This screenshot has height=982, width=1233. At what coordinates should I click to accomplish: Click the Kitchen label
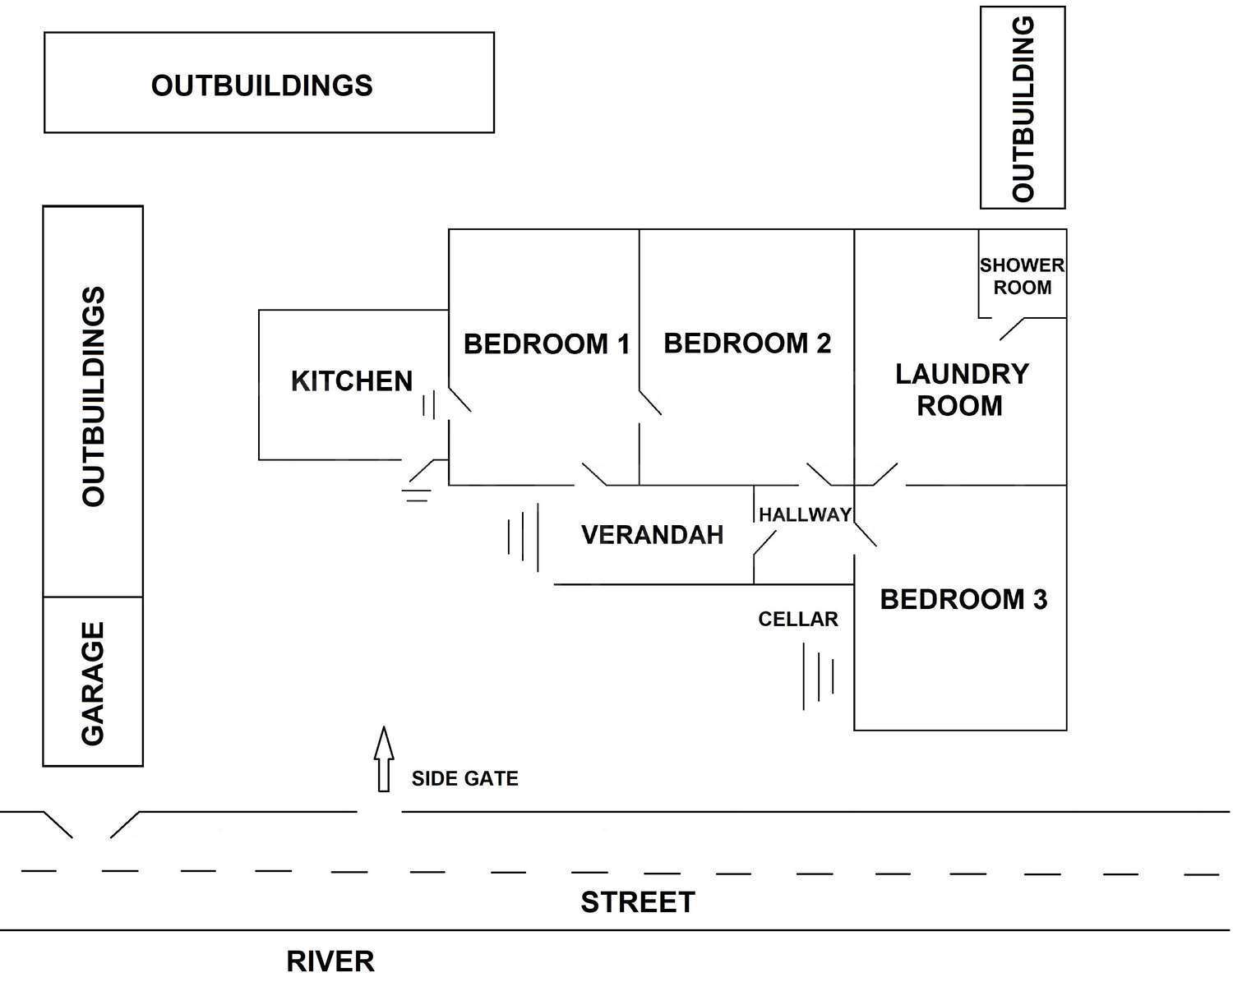pyautogui.click(x=352, y=381)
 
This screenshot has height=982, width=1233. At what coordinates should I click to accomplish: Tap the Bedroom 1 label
pyautogui.click(x=547, y=343)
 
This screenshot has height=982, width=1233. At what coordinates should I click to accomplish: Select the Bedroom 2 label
pyautogui.click(x=747, y=343)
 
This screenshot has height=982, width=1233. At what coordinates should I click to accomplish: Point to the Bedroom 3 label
pyautogui.click(x=963, y=600)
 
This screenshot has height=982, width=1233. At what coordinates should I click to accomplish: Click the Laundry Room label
pyautogui.click(x=961, y=390)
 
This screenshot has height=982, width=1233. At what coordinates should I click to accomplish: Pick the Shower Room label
pyautogui.click(x=1022, y=276)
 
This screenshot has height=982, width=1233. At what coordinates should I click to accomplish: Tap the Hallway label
pyautogui.click(x=805, y=515)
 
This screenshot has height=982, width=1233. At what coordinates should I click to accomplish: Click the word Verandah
pyautogui.click(x=653, y=535)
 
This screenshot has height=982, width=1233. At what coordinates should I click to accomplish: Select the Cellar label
pyautogui.click(x=798, y=620)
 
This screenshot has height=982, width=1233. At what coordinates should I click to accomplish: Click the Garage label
pyautogui.click(x=93, y=683)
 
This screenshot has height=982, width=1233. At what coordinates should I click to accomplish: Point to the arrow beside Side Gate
pyautogui.click(x=383, y=758)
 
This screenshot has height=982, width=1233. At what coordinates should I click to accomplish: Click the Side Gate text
pyautogui.click(x=465, y=779)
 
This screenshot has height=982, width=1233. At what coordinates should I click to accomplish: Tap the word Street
pyautogui.click(x=638, y=902)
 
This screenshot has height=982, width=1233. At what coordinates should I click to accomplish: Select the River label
pyautogui.click(x=330, y=960)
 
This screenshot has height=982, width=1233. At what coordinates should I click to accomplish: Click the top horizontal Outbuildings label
pyautogui.click(x=262, y=85)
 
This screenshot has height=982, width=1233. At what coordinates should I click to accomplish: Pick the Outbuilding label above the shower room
pyautogui.click(x=1023, y=108)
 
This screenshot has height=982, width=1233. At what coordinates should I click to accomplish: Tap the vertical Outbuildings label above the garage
pyautogui.click(x=93, y=396)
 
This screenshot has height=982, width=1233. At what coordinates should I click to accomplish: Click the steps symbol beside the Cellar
pyautogui.click(x=820, y=675)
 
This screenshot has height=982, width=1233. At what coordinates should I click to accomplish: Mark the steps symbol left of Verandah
pyautogui.click(x=524, y=537)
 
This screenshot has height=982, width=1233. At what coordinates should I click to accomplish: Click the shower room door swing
pyautogui.click(x=1011, y=328)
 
